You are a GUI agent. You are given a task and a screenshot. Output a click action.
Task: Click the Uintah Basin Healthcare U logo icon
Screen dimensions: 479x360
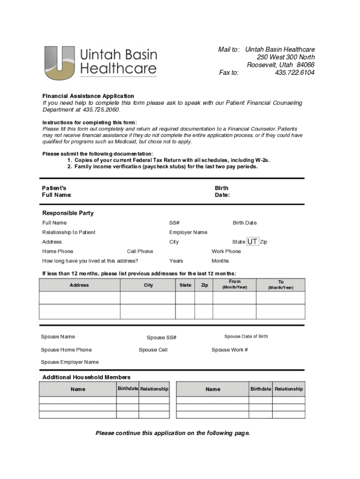coord(59,63)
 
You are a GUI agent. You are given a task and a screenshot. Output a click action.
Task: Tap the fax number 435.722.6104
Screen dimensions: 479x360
coord(295,73)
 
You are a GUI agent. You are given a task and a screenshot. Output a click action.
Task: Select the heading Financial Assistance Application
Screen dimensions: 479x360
coord(88,96)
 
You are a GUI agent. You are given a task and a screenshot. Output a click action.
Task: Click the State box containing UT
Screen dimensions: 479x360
coord(252,242)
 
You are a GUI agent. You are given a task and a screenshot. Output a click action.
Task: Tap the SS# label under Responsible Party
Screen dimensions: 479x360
coord(174,223)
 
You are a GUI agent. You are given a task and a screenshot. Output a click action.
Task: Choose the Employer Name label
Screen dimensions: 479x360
coord(188,232)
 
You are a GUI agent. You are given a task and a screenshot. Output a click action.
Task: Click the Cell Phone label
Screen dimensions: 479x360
coord(140,251)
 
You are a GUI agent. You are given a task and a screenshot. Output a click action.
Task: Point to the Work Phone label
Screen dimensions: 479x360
coord(226,251)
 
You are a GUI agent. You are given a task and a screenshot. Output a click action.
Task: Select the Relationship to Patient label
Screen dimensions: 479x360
coord(69,232)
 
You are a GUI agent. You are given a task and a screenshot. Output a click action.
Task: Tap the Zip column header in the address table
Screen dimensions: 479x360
coord(204,285)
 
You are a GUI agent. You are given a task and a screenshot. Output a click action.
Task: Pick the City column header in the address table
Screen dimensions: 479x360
coord(148,285)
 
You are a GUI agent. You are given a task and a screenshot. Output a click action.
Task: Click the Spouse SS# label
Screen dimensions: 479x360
coord(161,338)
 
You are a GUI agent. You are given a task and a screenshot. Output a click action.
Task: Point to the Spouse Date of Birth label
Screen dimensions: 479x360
coord(246,336)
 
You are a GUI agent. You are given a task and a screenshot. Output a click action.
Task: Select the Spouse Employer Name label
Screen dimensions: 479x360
coord(70,362)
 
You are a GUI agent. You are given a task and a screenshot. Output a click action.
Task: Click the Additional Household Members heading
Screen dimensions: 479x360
coord(86,377)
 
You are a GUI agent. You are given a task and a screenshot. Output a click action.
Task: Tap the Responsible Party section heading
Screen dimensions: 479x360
coord(68,213)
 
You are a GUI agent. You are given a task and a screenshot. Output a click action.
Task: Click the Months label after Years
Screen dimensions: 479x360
coord(220,261)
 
